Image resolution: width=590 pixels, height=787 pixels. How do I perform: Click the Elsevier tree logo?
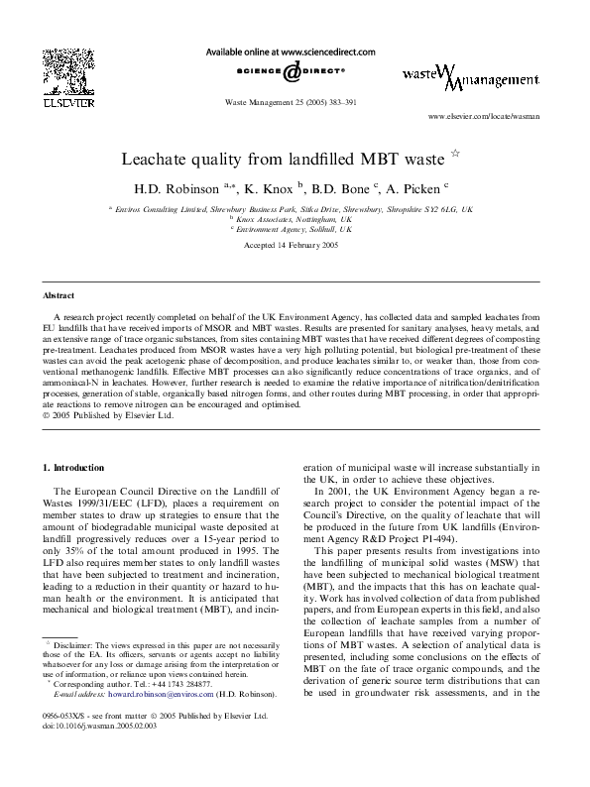click(x=62, y=68)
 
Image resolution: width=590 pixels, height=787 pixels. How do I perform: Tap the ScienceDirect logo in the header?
click(x=291, y=72)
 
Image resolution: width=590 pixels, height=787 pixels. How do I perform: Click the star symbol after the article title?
click(x=455, y=154)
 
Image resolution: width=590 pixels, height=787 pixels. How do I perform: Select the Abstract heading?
click(x=59, y=296)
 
